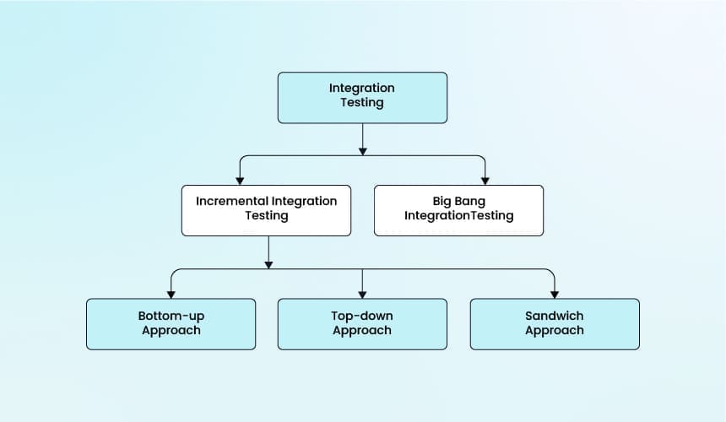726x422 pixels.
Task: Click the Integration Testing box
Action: point(362,97)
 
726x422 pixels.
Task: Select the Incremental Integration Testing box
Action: point(266,209)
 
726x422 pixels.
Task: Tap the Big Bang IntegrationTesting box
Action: point(458,209)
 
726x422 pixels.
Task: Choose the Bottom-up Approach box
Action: point(171,323)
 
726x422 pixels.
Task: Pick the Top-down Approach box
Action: point(362,323)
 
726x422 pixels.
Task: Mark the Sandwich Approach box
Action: point(554,323)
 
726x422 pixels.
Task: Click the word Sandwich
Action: point(554,316)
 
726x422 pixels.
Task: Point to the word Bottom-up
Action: point(171,316)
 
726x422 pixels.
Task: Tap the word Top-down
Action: point(362,316)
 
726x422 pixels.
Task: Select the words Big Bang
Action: point(459,201)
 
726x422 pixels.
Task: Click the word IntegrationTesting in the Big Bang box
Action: point(458,215)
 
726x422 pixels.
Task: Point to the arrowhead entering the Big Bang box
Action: point(485,180)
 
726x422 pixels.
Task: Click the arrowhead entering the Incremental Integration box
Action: point(240,180)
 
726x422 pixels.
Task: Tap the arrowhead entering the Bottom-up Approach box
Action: point(171,293)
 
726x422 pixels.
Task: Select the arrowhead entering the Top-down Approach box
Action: point(362,293)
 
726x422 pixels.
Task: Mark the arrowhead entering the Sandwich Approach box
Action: point(554,293)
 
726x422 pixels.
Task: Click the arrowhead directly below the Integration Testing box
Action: point(362,150)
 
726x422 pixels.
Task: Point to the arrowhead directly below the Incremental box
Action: point(268,264)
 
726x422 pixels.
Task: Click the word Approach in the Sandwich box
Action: point(554,330)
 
